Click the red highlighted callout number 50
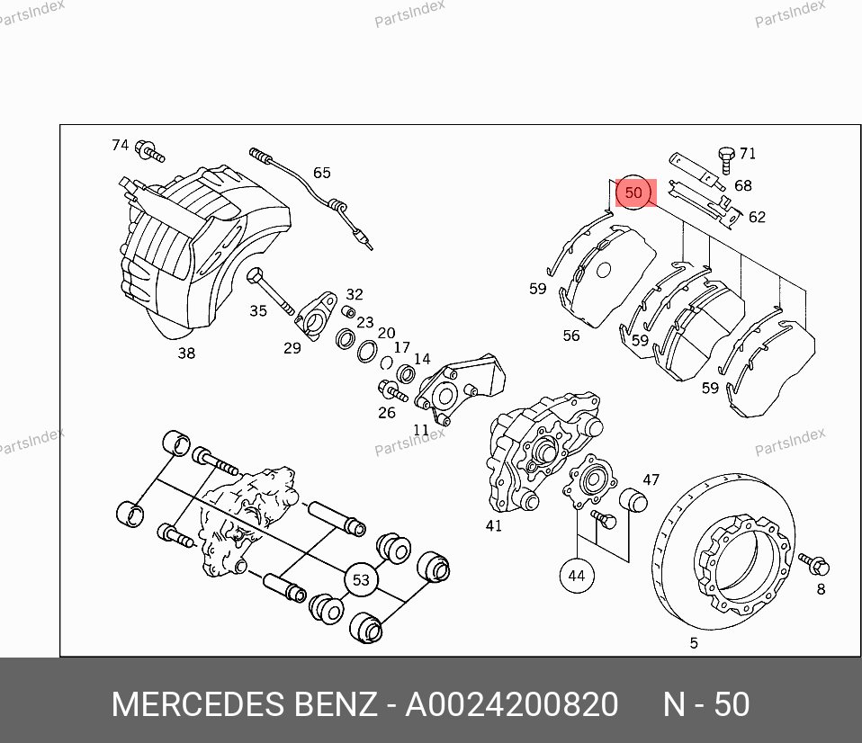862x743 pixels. tap(633, 192)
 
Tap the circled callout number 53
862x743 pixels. tap(361, 580)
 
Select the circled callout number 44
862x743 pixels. tap(576, 576)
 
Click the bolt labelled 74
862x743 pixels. tap(149, 151)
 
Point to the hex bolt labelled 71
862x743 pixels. tap(727, 159)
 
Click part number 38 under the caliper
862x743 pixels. tap(186, 354)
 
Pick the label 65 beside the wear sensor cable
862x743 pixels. tap(321, 173)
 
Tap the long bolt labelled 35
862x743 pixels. tap(271, 291)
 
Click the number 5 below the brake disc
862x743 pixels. tap(694, 642)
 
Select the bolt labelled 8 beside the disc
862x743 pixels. tap(813, 563)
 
